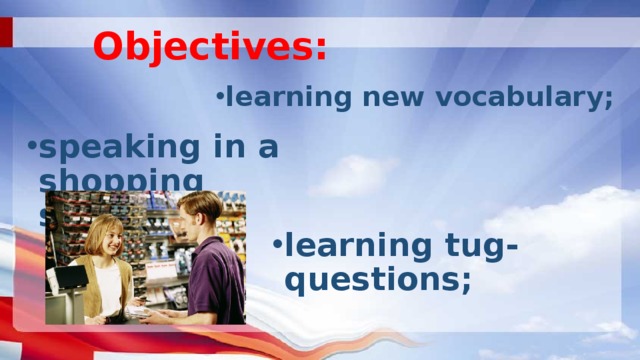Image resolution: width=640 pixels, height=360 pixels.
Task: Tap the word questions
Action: tap(377, 280)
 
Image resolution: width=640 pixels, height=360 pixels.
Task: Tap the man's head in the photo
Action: tap(201, 212)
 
